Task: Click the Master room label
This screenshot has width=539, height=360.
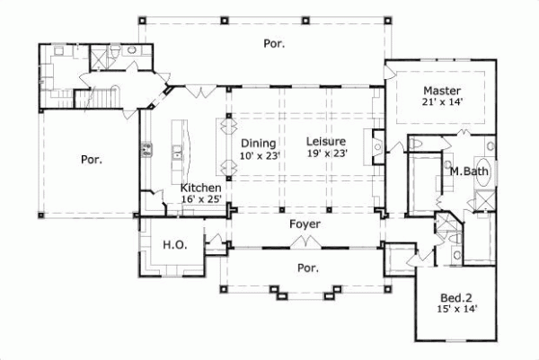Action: pos(442,91)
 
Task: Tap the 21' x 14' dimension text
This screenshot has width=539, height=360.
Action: pos(442,104)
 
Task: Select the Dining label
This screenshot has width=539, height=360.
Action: pos(259,142)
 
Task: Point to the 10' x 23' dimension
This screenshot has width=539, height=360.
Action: pos(261,154)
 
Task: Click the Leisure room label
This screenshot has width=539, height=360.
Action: pos(325,141)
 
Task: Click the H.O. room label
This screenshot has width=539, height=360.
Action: pos(173,244)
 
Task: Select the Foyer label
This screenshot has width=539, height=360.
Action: pos(304,224)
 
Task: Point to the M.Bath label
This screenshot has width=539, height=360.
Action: pos(467,171)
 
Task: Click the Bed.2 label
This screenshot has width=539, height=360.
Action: pos(456,296)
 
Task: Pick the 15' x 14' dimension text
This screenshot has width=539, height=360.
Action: pos(456,309)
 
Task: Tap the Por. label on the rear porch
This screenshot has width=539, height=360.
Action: pos(274,42)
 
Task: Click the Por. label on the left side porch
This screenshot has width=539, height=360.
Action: pos(91,160)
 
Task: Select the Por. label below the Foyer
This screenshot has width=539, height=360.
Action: pos(308,268)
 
